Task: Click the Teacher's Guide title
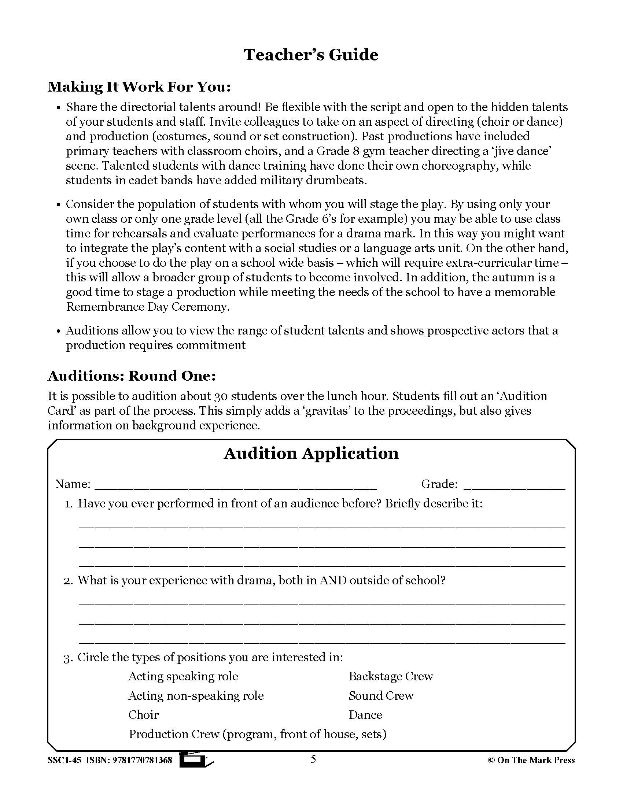pyautogui.click(x=311, y=55)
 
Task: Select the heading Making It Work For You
pyautogui.click(x=139, y=87)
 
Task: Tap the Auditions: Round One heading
pyautogui.click(x=132, y=376)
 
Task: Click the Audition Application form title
pyautogui.click(x=311, y=453)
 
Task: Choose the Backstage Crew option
pyautogui.click(x=391, y=676)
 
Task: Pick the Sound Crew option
pyautogui.click(x=381, y=696)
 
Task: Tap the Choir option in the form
pyautogui.click(x=143, y=715)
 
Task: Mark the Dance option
pyautogui.click(x=365, y=715)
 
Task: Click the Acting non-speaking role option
pyautogui.click(x=196, y=696)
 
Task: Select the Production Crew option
pyautogui.click(x=257, y=734)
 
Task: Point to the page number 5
pyautogui.click(x=313, y=759)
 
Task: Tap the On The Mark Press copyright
pyautogui.click(x=531, y=760)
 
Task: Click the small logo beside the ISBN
pyautogui.click(x=196, y=759)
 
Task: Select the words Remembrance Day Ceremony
pyautogui.click(x=147, y=307)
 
